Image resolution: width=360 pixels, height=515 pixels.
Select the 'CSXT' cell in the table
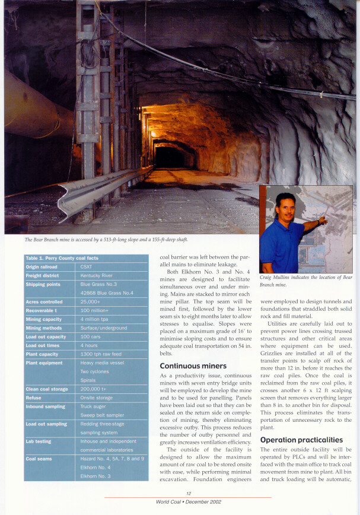pyautogui.click(x=87, y=267)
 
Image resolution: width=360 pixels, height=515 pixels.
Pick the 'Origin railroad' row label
pyautogui.click(x=42, y=267)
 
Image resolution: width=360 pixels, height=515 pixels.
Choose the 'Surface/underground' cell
pyautogui.click(x=104, y=328)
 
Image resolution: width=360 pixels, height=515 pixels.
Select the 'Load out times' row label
pyautogui.click(x=43, y=345)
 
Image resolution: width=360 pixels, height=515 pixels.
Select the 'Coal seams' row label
pyautogui.click(x=39, y=459)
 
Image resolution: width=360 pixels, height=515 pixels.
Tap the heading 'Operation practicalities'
pyautogui.click(x=301, y=440)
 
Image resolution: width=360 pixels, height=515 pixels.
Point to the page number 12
pyautogui.click(x=188, y=493)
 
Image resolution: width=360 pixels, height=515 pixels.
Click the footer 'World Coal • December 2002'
pyautogui.click(x=189, y=501)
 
